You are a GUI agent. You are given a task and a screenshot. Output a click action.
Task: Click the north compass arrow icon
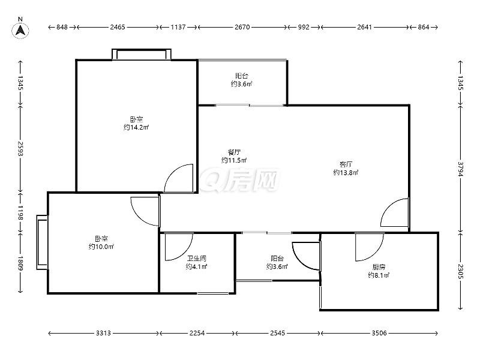pos(20,31)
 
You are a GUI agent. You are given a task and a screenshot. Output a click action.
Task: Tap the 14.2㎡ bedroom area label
pos(136,127)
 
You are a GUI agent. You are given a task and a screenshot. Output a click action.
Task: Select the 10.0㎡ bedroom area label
pos(101,247)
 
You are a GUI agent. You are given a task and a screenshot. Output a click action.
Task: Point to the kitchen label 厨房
pos(379,267)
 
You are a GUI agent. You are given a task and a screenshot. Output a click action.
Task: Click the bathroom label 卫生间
pos(197,259)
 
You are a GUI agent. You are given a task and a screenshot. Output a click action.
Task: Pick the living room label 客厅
pos(346,164)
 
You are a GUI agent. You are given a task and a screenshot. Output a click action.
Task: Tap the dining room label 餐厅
pos(234,152)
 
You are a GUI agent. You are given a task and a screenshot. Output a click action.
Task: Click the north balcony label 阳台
pos(242,76)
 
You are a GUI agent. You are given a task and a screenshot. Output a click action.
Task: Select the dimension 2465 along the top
pos(118,27)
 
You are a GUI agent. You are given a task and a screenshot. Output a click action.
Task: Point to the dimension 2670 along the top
pos(242,27)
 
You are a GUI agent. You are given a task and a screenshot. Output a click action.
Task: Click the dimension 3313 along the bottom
pos(103,333)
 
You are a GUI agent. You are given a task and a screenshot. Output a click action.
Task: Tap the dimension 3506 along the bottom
pos(379,333)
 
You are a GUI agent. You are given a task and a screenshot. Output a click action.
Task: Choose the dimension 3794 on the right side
pos(460,169)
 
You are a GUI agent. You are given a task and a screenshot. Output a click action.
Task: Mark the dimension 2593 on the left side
pos(20,148)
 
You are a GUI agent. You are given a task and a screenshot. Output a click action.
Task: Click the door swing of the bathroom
pos(179,247)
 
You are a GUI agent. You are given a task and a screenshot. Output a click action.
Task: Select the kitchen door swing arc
pos(370,247)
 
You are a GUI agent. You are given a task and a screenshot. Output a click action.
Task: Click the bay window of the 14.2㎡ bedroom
pos(142,54)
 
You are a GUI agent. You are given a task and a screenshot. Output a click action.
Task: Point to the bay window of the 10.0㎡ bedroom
pos(42,242)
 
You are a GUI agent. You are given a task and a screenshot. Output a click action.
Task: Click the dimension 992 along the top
pos(304,27)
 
